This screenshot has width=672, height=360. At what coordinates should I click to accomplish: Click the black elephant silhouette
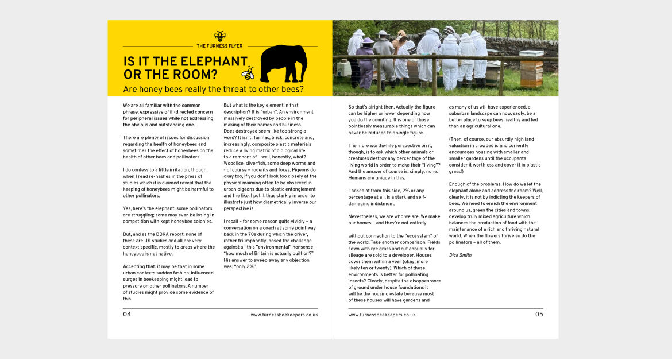pos(284,63)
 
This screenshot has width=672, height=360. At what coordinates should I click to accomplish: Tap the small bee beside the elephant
pos(248,73)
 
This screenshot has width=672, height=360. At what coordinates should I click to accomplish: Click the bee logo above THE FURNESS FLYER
pos(220,37)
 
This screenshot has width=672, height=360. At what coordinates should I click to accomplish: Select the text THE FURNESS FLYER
pos(219,46)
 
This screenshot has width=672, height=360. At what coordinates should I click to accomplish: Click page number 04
pos(127,315)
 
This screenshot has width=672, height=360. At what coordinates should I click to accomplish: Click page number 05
pos(539,315)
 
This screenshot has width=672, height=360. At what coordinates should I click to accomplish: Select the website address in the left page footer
pos(284,315)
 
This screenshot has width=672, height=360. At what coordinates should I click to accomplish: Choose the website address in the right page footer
pos(382,315)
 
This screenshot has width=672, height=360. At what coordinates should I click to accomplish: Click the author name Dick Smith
pos(460,255)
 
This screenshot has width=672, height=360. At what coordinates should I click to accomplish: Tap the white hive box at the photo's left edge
pos(343,69)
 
